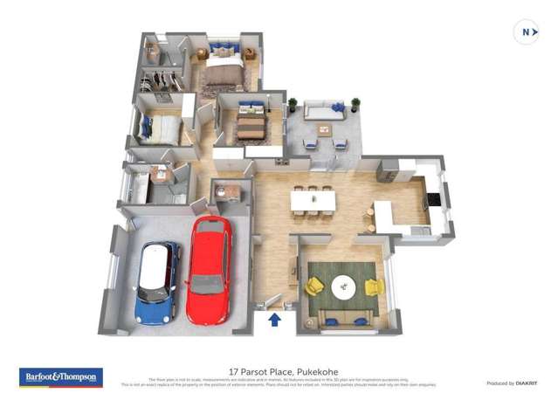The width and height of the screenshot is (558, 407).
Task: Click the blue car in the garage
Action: (x=158, y=281)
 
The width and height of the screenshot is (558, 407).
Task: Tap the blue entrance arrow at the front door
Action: (x=274, y=319)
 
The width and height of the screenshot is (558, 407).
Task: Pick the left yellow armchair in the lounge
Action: (x=314, y=286)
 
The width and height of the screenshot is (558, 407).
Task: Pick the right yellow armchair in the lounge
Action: (x=375, y=286)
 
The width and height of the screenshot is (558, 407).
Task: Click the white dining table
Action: (x=313, y=201)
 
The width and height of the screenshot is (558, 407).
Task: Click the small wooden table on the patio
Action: (x=324, y=131)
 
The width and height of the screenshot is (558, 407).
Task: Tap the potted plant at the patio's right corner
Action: (x=355, y=104)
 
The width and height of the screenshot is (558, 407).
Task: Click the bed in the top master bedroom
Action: (x=224, y=69)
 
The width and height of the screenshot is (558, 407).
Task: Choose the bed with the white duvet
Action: (x=163, y=131)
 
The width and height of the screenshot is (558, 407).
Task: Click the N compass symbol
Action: (x=527, y=33)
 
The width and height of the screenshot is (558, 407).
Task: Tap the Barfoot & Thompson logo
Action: (x=61, y=377)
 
